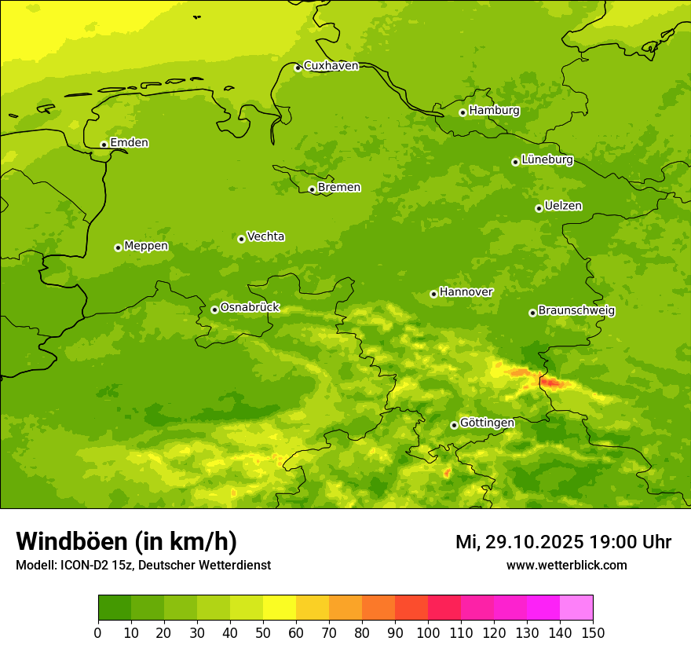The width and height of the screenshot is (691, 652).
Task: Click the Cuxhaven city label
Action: (331, 66)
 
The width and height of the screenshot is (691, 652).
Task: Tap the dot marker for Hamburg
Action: (462, 112)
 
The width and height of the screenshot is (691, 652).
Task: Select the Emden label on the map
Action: (129, 143)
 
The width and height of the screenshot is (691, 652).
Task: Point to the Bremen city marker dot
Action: (312, 189)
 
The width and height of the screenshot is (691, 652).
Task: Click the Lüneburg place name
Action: (547, 159)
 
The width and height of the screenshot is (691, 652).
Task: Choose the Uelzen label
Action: (563, 206)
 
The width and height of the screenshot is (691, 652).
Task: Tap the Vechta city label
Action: (265, 236)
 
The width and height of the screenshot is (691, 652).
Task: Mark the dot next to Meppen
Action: (118, 247)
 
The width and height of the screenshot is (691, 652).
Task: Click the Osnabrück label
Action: (250, 307)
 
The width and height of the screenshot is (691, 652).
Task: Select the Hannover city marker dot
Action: (433, 294)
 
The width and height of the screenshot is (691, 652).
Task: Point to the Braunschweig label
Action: (576, 311)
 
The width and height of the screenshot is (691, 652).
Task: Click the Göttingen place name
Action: (487, 423)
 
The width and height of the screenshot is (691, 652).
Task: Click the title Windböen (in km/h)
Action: (126, 541)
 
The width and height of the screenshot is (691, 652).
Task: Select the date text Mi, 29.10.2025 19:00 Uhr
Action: (563, 542)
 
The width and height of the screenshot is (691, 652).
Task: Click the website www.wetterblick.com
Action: (566, 566)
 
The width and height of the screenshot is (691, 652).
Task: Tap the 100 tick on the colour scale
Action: (428, 632)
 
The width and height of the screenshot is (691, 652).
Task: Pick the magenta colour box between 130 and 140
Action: (543, 608)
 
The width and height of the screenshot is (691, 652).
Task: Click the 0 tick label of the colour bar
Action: (98, 632)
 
